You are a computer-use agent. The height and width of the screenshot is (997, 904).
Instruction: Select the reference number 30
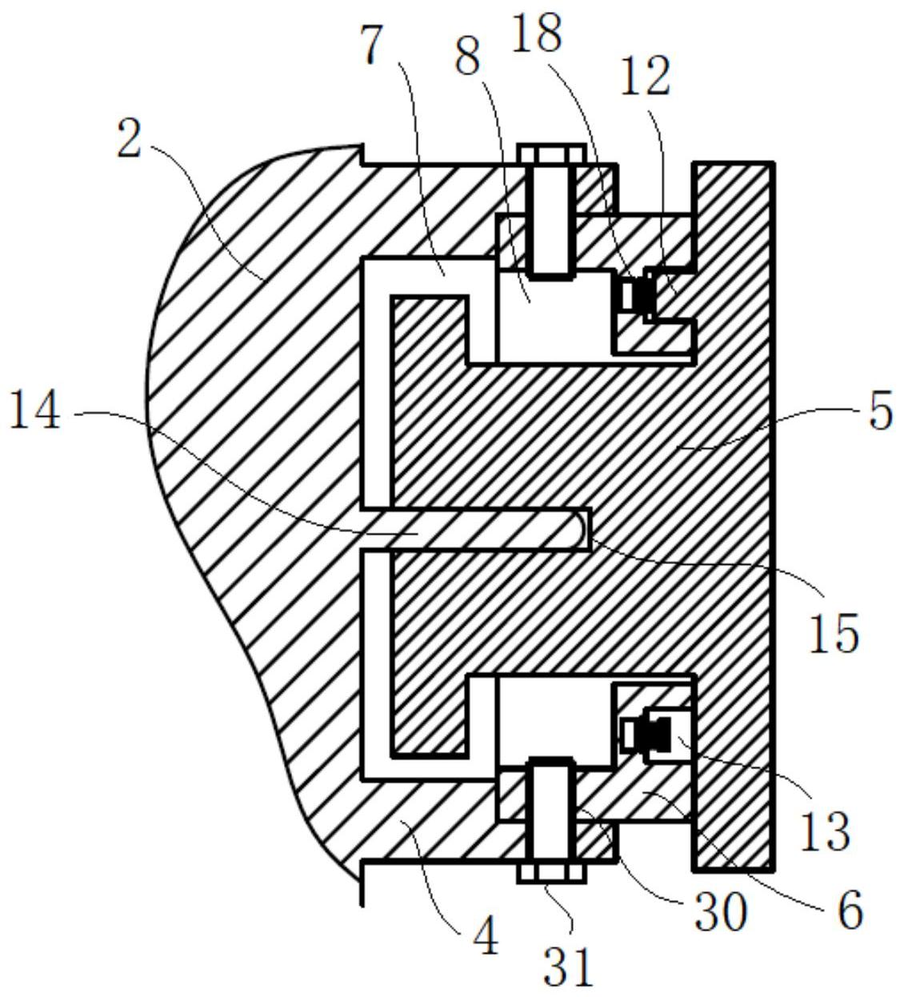pyautogui.click(x=720, y=912)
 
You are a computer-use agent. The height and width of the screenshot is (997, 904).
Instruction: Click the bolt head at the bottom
pyautogui.click(x=550, y=872)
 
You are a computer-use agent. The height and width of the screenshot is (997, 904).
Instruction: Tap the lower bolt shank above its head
pyautogui.click(x=550, y=808)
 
